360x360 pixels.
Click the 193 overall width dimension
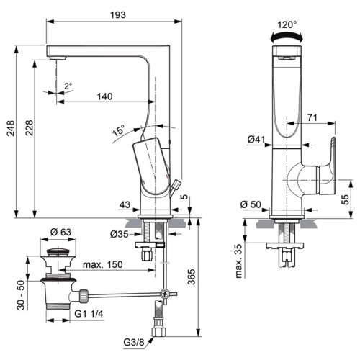(118, 15)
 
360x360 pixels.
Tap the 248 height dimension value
(11, 128)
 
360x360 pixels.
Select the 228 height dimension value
(30, 128)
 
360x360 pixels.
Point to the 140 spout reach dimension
(104, 96)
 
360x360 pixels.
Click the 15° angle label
(119, 130)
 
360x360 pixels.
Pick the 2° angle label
(68, 86)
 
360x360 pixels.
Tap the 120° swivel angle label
(287, 24)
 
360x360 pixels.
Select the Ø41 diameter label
(256, 140)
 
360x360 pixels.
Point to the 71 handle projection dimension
(312, 117)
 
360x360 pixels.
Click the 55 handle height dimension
(345, 199)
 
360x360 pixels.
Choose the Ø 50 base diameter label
(251, 204)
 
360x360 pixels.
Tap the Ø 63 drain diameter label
(60, 232)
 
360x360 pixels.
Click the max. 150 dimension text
(103, 264)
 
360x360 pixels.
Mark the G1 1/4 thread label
(89, 313)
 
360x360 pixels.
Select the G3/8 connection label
(134, 342)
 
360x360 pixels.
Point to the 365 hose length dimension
(192, 276)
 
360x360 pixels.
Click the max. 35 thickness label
(239, 261)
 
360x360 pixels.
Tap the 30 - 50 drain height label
(21, 295)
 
